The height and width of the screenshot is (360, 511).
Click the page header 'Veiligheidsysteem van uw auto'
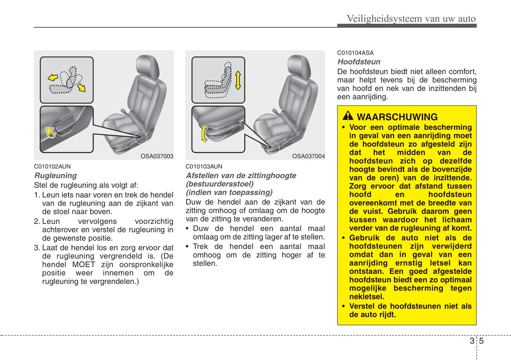411,18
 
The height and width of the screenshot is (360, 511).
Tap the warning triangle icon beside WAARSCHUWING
348,116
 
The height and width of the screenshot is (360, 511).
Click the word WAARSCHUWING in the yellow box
397,117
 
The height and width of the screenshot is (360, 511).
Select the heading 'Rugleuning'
56,176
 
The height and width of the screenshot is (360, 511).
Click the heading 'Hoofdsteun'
359,62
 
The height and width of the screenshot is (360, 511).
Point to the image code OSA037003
157,156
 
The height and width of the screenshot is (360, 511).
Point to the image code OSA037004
308,156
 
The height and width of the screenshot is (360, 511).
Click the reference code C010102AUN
52,166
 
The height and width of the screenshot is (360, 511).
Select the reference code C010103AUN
204,166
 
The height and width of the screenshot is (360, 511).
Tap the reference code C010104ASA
355,53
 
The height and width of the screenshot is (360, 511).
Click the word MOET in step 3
83,265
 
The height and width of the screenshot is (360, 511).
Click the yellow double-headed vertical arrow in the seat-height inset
238,80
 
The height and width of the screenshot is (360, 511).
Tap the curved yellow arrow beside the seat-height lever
204,134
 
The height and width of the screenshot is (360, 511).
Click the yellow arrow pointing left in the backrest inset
53,77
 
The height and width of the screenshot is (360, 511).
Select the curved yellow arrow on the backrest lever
51,132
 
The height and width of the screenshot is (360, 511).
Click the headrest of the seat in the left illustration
147,66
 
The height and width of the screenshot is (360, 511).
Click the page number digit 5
481,341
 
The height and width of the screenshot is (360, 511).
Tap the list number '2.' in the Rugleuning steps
37,222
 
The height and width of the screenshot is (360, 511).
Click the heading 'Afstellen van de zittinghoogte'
241,176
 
